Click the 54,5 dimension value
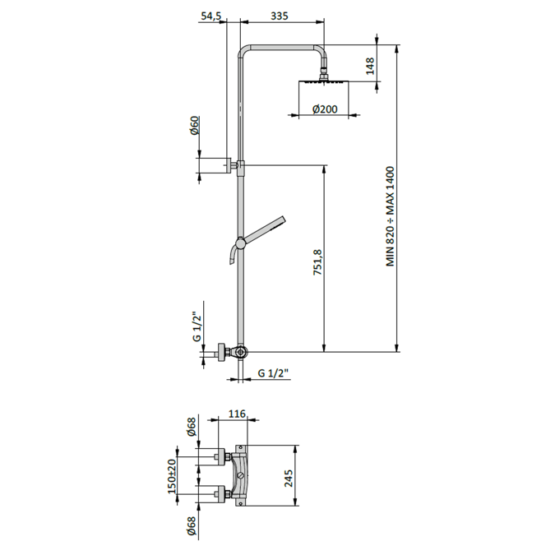[x=212, y=16]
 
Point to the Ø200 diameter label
[x=325, y=109]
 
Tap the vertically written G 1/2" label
[x=197, y=327]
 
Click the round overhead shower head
[x=322, y=83]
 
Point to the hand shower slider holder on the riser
[x=239, y=243]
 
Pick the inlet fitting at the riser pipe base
[x=238, y=353]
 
